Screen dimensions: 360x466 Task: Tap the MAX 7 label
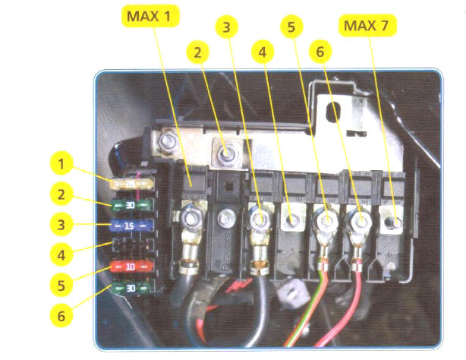[370, 27]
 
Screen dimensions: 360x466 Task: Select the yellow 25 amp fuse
[131, 185]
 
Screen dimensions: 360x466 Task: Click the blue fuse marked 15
[132, 226]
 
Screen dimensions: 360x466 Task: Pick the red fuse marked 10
[132, 267]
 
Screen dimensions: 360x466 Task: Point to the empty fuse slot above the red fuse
[132, 247]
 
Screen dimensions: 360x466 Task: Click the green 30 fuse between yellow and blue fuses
[132, 204]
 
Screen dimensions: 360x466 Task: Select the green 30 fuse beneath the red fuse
[132, 288]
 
